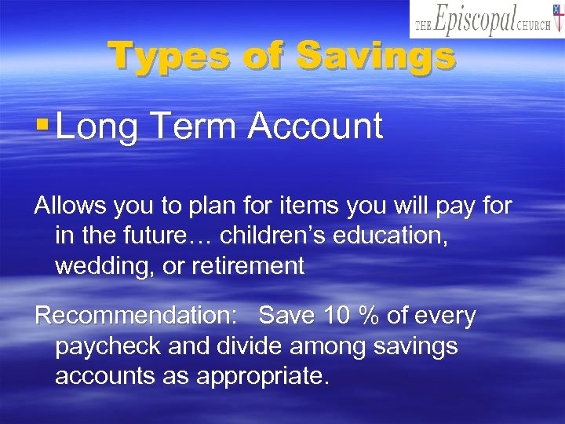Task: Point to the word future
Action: tap(180, 236)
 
